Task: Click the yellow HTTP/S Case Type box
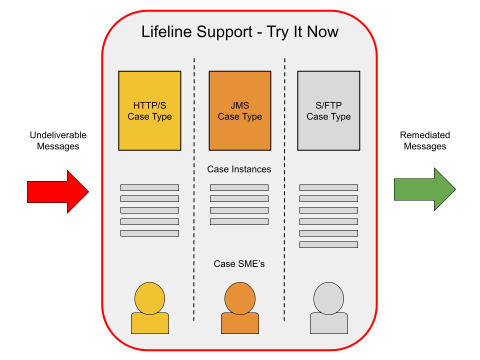click(x=149, y=111)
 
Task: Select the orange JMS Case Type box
click(x=240, y=111)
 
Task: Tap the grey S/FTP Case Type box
click(x=329, y=111)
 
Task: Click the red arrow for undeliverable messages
click(x=58, y=192)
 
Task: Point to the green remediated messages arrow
click(x=425, y=189)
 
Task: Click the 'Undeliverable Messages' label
click(x=58, y=140)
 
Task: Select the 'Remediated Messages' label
click(x=425, y=140)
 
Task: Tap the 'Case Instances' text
click(x=239, y=169)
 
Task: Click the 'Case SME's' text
click(x=239, y=263)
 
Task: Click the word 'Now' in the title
click(x=322, y=31)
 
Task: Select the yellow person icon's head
click(x=149, y=298)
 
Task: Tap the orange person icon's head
click(x=240, y=298)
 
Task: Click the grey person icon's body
click(x=329, y=323)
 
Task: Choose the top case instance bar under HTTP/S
click(x=149, y=187)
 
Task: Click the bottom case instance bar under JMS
click(x=239, y=221)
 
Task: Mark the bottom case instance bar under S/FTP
click(x=329, y=244)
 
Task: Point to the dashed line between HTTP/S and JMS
click(x=194, y=189)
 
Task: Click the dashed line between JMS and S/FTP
click(x=284, y=189)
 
